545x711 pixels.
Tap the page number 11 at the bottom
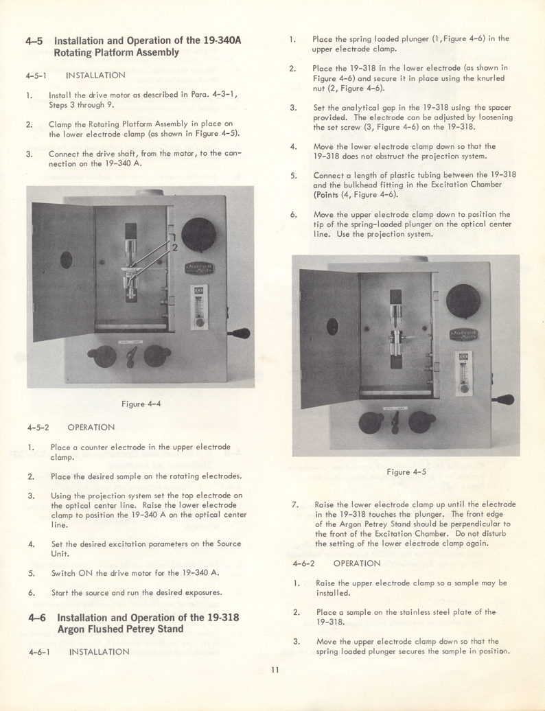click(x=274, y=671)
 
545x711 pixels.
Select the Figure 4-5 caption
click(x=406, y=471)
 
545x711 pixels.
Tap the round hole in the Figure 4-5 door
click(x=332, y=326)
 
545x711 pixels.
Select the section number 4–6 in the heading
click(x=35, y=617)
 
